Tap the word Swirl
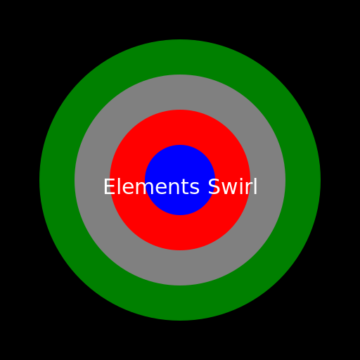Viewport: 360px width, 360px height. click(233, 186)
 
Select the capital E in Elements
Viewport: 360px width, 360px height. click(109, 186)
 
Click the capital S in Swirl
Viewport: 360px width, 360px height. click(214, 186)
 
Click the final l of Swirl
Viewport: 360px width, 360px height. click(256, 186)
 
